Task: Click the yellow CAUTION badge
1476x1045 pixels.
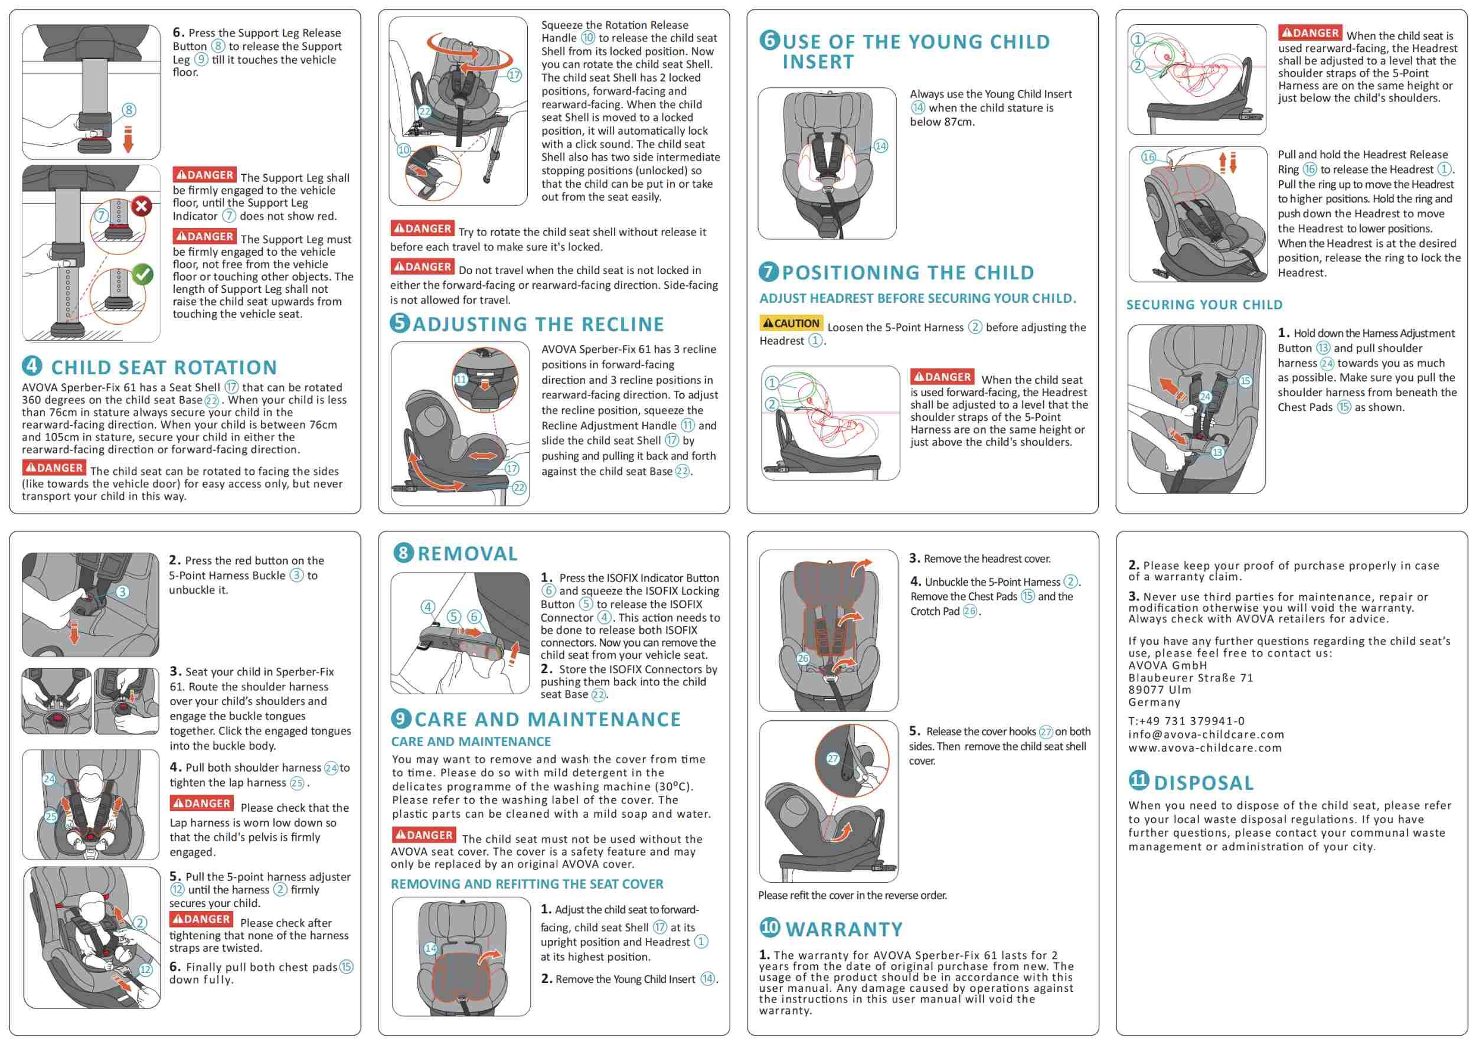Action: (x=791, y=323)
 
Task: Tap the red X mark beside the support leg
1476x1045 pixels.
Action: (x=142, y=207)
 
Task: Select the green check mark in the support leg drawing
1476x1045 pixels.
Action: (x=142, y=275)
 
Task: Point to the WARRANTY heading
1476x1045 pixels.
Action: (x=844, y=929)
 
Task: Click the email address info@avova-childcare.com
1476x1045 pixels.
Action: (x=1206, y=734)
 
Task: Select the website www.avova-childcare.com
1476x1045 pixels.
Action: (x=1204, y=747)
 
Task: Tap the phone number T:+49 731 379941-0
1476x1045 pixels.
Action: (x=1186, y=721)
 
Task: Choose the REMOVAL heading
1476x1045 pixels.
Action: (x=467, y=553)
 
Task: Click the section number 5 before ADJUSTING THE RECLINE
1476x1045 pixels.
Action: (x=400, y=322)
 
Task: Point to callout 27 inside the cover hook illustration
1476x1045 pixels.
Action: (x=832, y=759)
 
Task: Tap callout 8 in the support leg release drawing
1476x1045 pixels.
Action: (x=129, y=110)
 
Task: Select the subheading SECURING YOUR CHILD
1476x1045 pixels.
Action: (x=1204, y=305)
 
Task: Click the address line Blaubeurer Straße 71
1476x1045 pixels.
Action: (x=1190, y=678)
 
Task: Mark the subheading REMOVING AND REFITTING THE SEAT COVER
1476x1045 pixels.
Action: (x=527, y=884)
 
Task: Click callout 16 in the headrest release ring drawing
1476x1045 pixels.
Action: (x=1148, y=157)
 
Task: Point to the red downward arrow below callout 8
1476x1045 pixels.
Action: (x=128, y=139)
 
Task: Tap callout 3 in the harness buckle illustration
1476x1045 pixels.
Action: (x=122, y=592)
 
